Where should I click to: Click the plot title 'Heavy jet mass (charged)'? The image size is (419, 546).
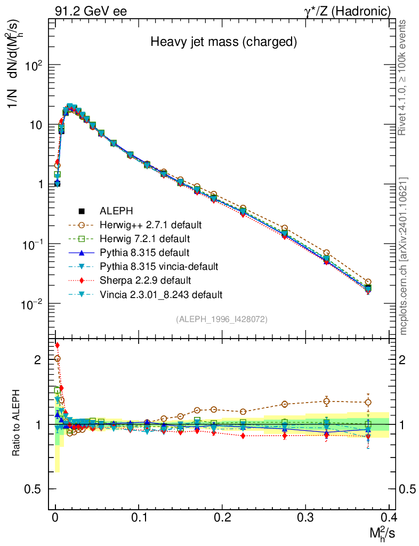(223, 41)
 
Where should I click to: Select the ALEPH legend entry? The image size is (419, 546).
(119, 211)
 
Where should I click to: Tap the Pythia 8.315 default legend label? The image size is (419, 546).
(144, 252)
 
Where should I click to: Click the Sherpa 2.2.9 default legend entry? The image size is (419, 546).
(145, 280)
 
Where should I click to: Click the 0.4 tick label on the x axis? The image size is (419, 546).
(389, 517)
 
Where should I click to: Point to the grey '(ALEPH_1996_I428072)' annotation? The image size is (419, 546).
(221, 319)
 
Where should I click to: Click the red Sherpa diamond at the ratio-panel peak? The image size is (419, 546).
(57, 345)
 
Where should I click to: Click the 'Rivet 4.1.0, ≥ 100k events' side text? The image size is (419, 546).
(404, 77)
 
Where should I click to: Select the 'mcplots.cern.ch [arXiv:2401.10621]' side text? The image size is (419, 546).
(404, 256)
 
